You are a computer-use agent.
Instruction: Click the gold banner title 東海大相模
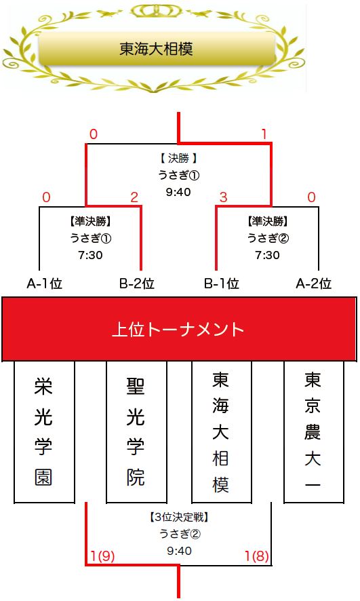[x=156, y=49]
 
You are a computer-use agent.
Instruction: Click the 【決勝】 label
[x=178, y=158]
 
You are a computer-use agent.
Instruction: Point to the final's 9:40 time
[x=178, y=192]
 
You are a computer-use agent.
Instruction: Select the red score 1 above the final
[x=264, y=134]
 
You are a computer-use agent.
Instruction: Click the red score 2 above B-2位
[x=134, y=197]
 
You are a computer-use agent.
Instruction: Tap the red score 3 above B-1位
[x=223, y=197]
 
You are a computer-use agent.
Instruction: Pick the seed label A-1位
[x=45, y=284]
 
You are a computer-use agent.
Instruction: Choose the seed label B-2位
[x=137, y=284]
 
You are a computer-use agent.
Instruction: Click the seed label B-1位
[x=222, y=284]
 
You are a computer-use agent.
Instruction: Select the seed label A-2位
[x=314, y=284]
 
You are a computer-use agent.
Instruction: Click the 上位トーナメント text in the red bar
[x=178, y=329]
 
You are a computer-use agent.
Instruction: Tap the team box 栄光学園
[x=44, y=431]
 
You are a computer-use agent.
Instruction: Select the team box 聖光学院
[x=136, y=431]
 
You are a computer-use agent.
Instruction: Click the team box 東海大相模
[x=222, y=431]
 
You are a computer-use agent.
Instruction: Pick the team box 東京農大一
[x=314, y=431]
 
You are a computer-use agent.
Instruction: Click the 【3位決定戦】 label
[x=179, y=518]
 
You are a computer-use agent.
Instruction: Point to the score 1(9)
[x=102, y=556]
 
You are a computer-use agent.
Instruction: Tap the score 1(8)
[x=256, y=556]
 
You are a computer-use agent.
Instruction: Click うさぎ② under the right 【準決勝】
[x=268, y=238]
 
